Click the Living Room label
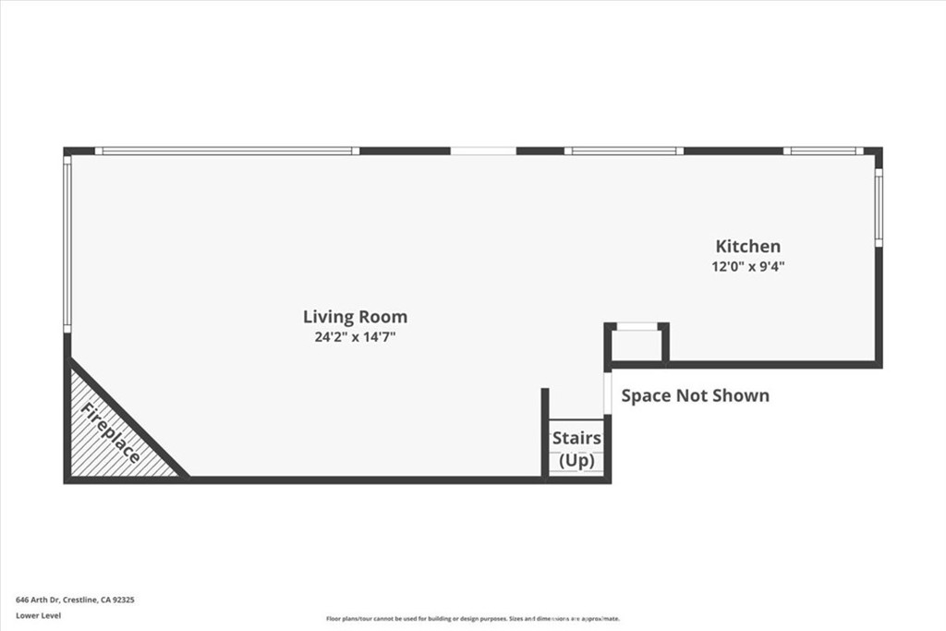tap(355, 317)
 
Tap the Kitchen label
tap(748, 246)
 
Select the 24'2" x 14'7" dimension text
tap(355, 337)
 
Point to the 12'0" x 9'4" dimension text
tap(748, 266)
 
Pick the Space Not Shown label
tap(695, 395)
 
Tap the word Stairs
tap(576, 438)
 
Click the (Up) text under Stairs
tap(576, 460)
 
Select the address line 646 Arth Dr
tap(75, 600)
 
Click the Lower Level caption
tap(38, 615)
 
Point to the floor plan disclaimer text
tap(472, 619)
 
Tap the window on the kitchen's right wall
tap(879, 208)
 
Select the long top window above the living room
tap(226, 151)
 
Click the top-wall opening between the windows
tap(482, 151)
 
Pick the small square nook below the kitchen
tap(637, 345)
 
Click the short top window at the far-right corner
tap(823, 151)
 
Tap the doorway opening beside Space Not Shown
tap(607, 392)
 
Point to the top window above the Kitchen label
tap(624, 151)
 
